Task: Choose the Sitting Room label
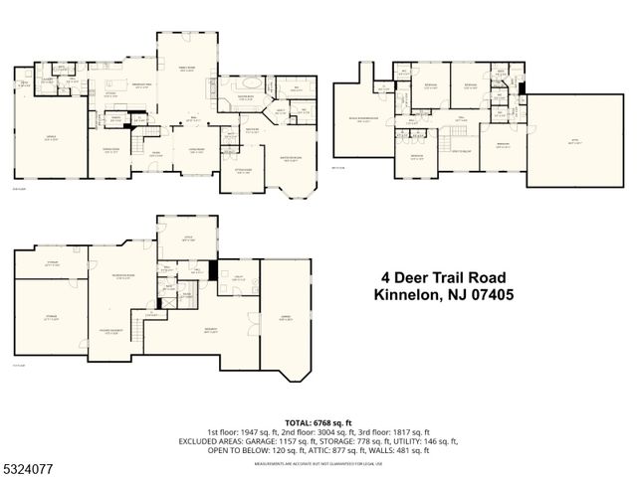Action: click(x=241, y=170)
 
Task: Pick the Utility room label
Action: click(x=238, y=279)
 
